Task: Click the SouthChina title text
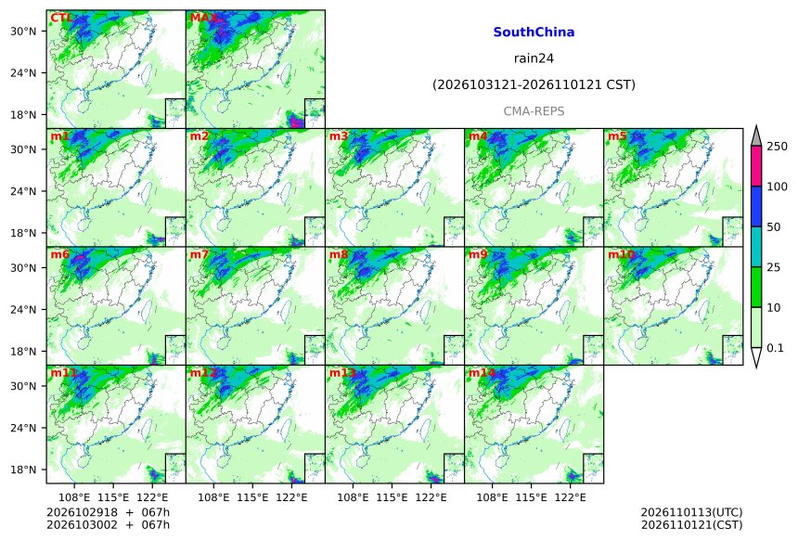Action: (534, 32)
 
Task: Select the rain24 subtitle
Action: (534, 58)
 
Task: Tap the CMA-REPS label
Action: (534, 111)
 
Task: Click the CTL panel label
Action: (61, 19)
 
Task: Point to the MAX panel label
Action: (203, 19)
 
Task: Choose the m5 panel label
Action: (617, 136)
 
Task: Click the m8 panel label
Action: (339, 254)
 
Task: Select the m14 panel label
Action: (481, 373)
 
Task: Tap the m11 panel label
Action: (64, 373)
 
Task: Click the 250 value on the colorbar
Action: (778, 147)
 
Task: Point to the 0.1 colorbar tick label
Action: (775, 348)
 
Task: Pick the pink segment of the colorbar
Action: (756, 166)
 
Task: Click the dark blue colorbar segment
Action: (756, 206)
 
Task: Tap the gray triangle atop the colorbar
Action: (756, 137)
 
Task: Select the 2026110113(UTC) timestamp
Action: (691, 512)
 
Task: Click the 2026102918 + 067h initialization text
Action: (108, 512)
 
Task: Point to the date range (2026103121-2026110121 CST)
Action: (534, 84)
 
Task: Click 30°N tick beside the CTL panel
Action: (23, 31)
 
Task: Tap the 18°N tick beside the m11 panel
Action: (23, 470)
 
